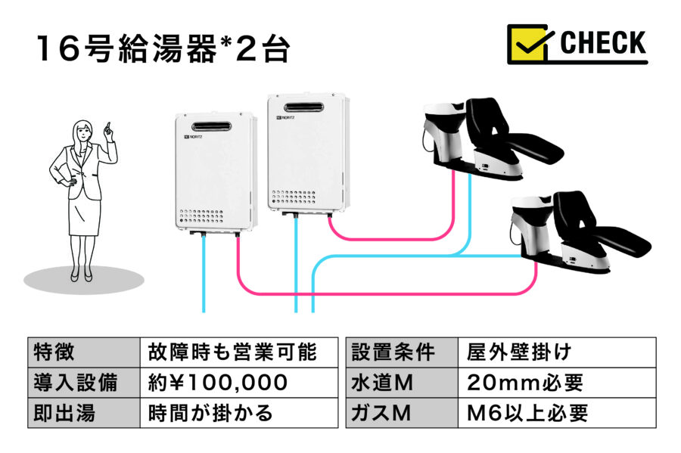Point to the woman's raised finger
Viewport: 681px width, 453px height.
pyautogui.click(x=108, y=126)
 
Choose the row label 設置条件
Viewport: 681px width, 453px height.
pyautogui.click(x=394, y=352)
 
